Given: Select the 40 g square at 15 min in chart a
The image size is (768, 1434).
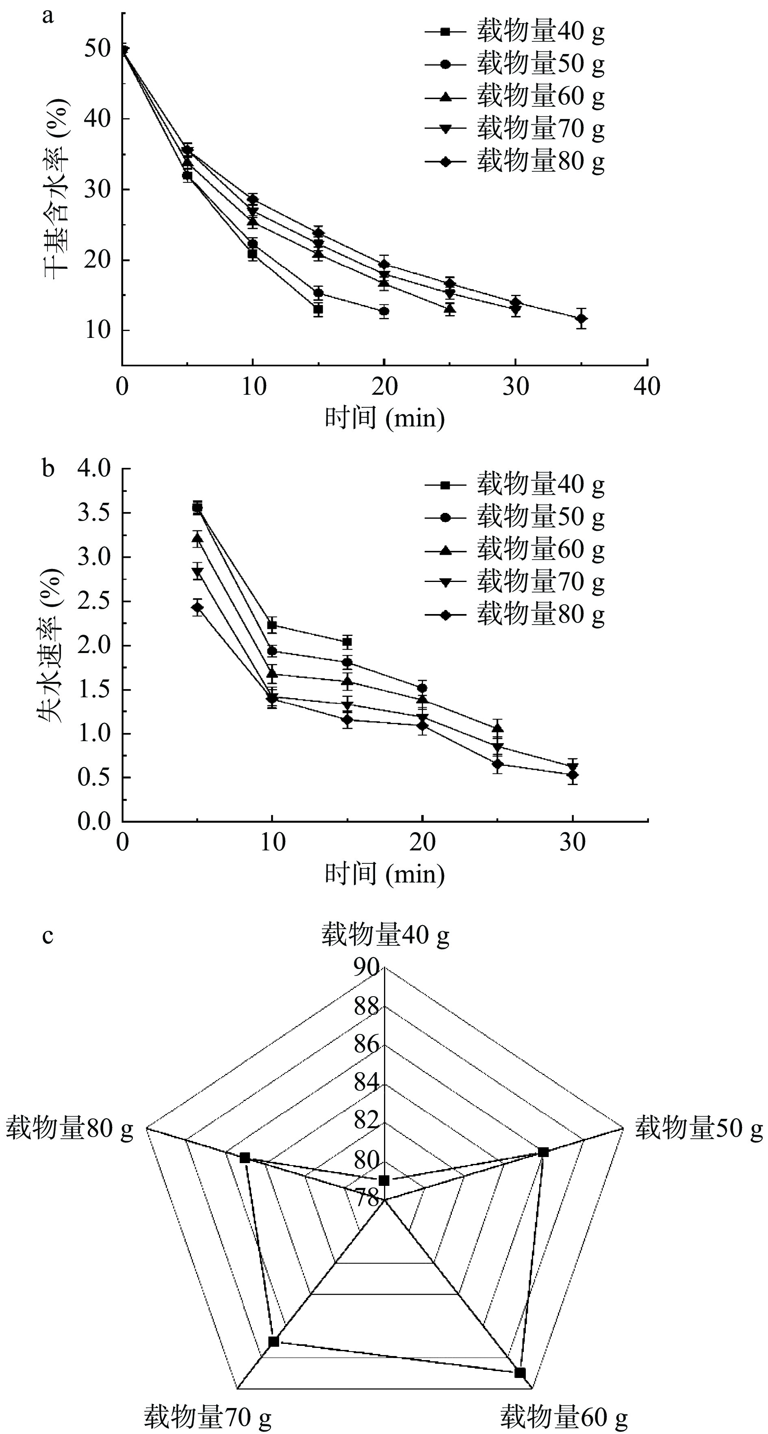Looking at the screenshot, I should pos(318,309).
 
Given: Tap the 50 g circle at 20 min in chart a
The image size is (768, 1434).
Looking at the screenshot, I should pos(384,311).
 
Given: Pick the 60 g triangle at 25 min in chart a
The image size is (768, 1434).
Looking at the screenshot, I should pos(450,308).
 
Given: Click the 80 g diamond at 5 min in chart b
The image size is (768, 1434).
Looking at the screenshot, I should pos(197,607).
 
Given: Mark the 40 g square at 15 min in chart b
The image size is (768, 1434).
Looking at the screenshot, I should pos(347,642).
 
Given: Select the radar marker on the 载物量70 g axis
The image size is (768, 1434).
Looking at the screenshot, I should pos(273,1341).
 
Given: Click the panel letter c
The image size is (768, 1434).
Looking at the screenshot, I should pos(48,935).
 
